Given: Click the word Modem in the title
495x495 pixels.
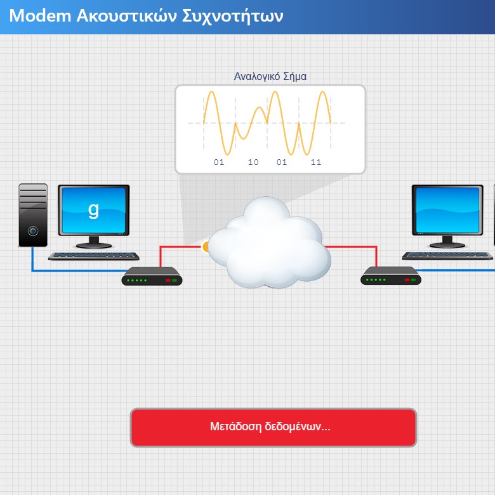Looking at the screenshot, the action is point(40,16).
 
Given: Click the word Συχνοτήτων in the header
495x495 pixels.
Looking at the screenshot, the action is point(233,16).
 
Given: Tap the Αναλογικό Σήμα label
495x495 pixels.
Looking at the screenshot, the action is point(270,77).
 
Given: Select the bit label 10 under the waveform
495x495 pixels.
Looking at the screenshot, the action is point(253,162).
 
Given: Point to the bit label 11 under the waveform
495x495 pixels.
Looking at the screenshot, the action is point(315,162).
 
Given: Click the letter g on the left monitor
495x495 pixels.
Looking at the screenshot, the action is point(93,210).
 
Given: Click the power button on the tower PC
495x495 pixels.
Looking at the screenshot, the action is point(33,231).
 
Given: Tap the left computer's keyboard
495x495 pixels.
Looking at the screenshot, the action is point(94,256).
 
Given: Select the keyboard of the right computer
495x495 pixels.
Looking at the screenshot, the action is point(447,255).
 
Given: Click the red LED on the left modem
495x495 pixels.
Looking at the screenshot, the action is point(168,280).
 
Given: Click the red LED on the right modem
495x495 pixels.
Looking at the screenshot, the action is point(407,280).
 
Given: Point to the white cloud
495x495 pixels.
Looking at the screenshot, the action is point(269,242).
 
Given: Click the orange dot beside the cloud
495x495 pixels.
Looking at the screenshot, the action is point(205,247).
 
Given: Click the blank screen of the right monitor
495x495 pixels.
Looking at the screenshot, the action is point(447,210).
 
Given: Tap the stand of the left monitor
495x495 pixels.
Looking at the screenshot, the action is point(94,242).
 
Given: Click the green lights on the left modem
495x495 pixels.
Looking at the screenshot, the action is point(136,280).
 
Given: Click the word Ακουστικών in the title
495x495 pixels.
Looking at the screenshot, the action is point(126,16).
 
